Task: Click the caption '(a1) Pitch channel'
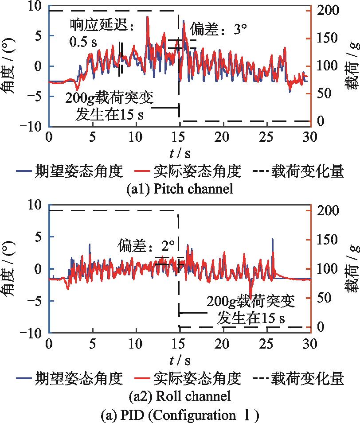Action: point(180,189)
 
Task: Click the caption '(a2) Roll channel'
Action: point(180,395)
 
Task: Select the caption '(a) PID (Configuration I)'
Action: point(180,415)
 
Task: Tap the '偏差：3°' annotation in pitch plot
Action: point(218,30)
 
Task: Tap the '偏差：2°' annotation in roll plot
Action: point(147,245)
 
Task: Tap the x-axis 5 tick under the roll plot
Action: point(92,343)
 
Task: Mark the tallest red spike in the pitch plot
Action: point(148,18)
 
